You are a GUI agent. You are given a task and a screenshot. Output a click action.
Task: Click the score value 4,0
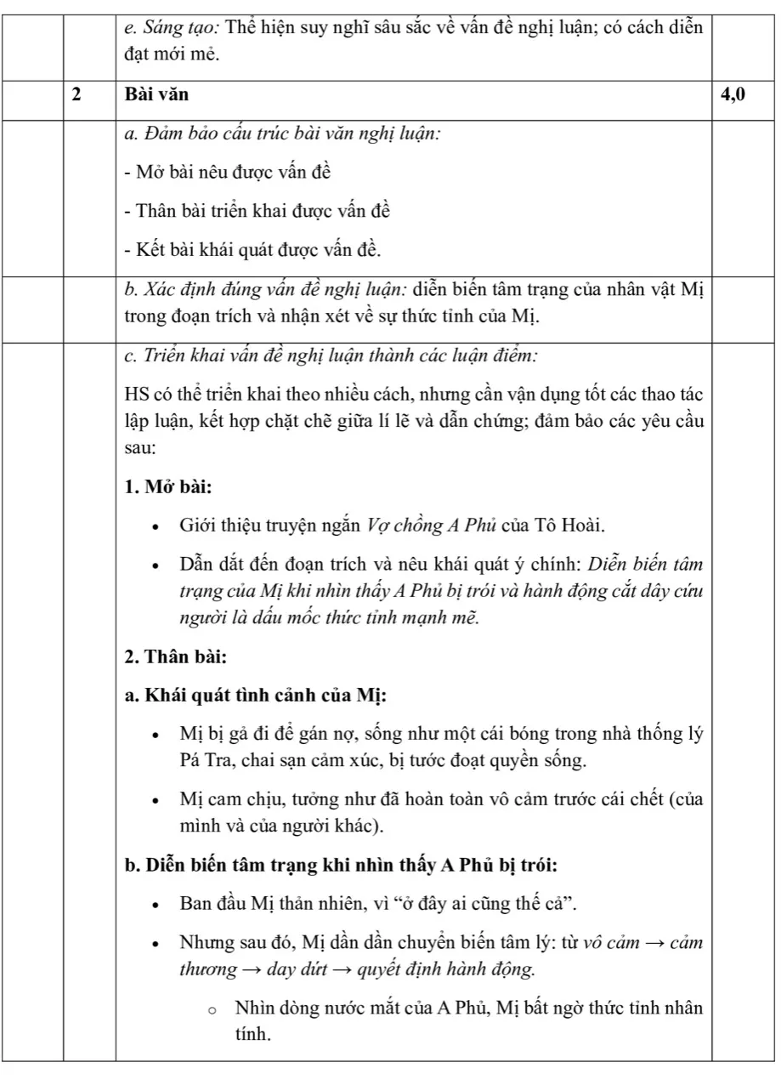[733, 95]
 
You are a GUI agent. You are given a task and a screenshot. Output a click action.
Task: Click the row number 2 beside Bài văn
[76, 95]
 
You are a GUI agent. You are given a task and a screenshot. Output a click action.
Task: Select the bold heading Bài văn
[156, 95]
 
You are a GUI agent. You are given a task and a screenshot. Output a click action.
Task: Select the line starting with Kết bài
[252, 250]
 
